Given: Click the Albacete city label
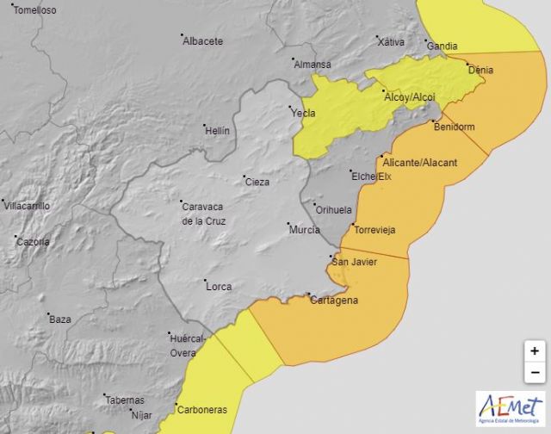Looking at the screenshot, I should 203,40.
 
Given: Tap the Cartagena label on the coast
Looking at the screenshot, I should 336,301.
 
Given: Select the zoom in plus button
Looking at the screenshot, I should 534,351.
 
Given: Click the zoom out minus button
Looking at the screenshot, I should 534,373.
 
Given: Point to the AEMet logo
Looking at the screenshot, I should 510,409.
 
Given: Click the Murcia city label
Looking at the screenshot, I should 304,230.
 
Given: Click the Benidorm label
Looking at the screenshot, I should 454,127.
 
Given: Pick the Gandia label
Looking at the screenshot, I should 442,46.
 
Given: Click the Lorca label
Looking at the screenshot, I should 219,286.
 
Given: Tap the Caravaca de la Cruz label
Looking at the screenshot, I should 203,212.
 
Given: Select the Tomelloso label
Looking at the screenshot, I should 34,10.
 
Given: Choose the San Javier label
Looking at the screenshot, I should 353,262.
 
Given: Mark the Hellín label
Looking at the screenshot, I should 217,130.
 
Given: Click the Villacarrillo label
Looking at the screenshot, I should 27,206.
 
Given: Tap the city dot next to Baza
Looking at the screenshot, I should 49,314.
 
